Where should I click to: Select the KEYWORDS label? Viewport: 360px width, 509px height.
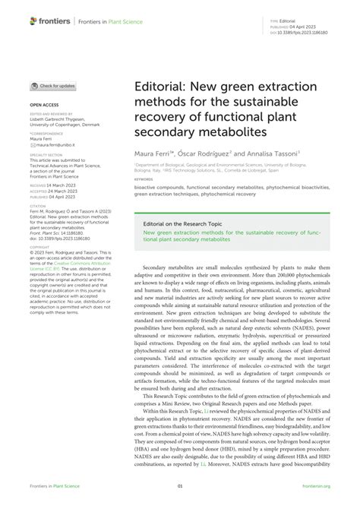tap(144, 179)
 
